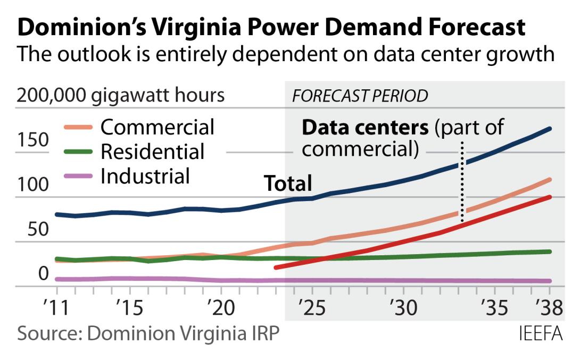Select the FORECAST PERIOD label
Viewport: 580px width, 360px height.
[360, 96]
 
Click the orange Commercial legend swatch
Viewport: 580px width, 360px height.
[78, 128]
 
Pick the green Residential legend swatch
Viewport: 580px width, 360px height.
[78, 152]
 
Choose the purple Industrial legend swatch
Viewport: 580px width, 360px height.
[78, 176]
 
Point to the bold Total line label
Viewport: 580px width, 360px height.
[288, 183]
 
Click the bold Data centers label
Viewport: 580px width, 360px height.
[365, 128]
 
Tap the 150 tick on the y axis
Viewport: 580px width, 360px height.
[32, 141]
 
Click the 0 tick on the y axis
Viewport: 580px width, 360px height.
[44, 274]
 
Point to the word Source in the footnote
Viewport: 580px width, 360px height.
[47, 334]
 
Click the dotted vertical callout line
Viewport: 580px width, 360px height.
[462, 181]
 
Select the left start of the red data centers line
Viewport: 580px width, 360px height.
[276, 267]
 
